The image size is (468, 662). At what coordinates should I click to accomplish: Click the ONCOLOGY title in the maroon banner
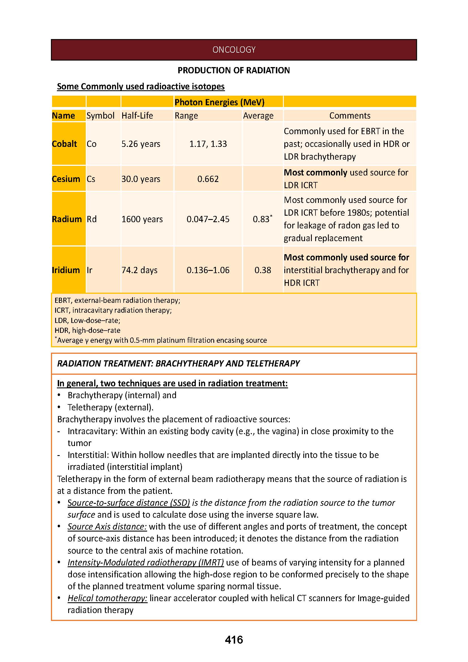234,50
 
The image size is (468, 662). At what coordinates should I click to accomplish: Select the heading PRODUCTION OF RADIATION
233,70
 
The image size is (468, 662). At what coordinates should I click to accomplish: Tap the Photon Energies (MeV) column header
219,102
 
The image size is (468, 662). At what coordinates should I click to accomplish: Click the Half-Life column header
137,116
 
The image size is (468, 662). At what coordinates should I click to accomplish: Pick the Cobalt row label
64,144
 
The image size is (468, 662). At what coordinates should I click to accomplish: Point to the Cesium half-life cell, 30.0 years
141,179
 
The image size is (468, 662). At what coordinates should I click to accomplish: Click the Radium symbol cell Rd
92,219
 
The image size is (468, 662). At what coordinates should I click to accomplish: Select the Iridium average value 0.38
263,270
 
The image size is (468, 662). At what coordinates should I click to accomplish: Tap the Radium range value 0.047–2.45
208,219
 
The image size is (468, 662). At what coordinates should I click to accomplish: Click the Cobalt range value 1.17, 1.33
208,144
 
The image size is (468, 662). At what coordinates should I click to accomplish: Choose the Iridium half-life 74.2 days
139,270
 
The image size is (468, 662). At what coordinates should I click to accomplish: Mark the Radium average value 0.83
261,219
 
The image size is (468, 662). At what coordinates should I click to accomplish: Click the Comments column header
349,116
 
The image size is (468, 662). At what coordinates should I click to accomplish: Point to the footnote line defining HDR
87,330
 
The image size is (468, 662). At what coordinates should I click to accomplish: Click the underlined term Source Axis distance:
107,526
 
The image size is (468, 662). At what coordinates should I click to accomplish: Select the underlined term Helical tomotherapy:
108,598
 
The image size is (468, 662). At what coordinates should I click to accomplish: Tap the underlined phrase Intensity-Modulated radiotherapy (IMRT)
145,562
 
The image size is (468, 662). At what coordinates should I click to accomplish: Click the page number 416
234,640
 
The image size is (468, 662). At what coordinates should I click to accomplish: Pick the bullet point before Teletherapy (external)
59,407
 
